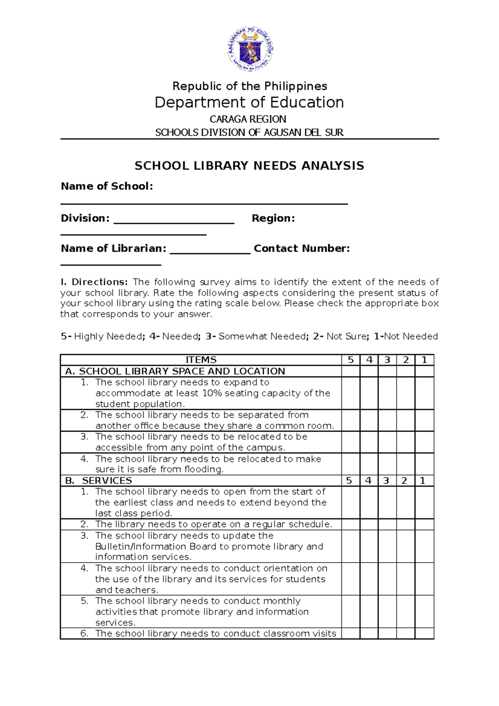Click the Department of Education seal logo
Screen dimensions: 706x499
coord(250,49)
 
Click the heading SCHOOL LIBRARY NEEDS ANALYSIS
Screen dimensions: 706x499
coord(249,166)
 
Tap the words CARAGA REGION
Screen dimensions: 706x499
coord(248,119)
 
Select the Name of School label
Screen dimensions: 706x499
coord(107,186)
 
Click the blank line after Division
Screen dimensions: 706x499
coord(174,222)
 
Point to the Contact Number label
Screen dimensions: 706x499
coord(301,249)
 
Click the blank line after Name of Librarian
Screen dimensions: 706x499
coord(210,252)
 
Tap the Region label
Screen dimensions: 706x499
coord(273,218)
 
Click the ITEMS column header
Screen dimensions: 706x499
coord(201,360)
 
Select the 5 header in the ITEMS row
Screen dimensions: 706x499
coord(351,360)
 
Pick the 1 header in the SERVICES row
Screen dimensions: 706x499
coord(422,481)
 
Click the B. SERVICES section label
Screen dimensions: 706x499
coord(99,481)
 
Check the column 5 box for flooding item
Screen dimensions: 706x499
coord(351,464)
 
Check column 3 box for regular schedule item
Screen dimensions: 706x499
coord(387,524)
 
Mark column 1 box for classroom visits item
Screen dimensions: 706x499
coord(424,633)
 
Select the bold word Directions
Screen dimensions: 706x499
coord(100,282)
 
